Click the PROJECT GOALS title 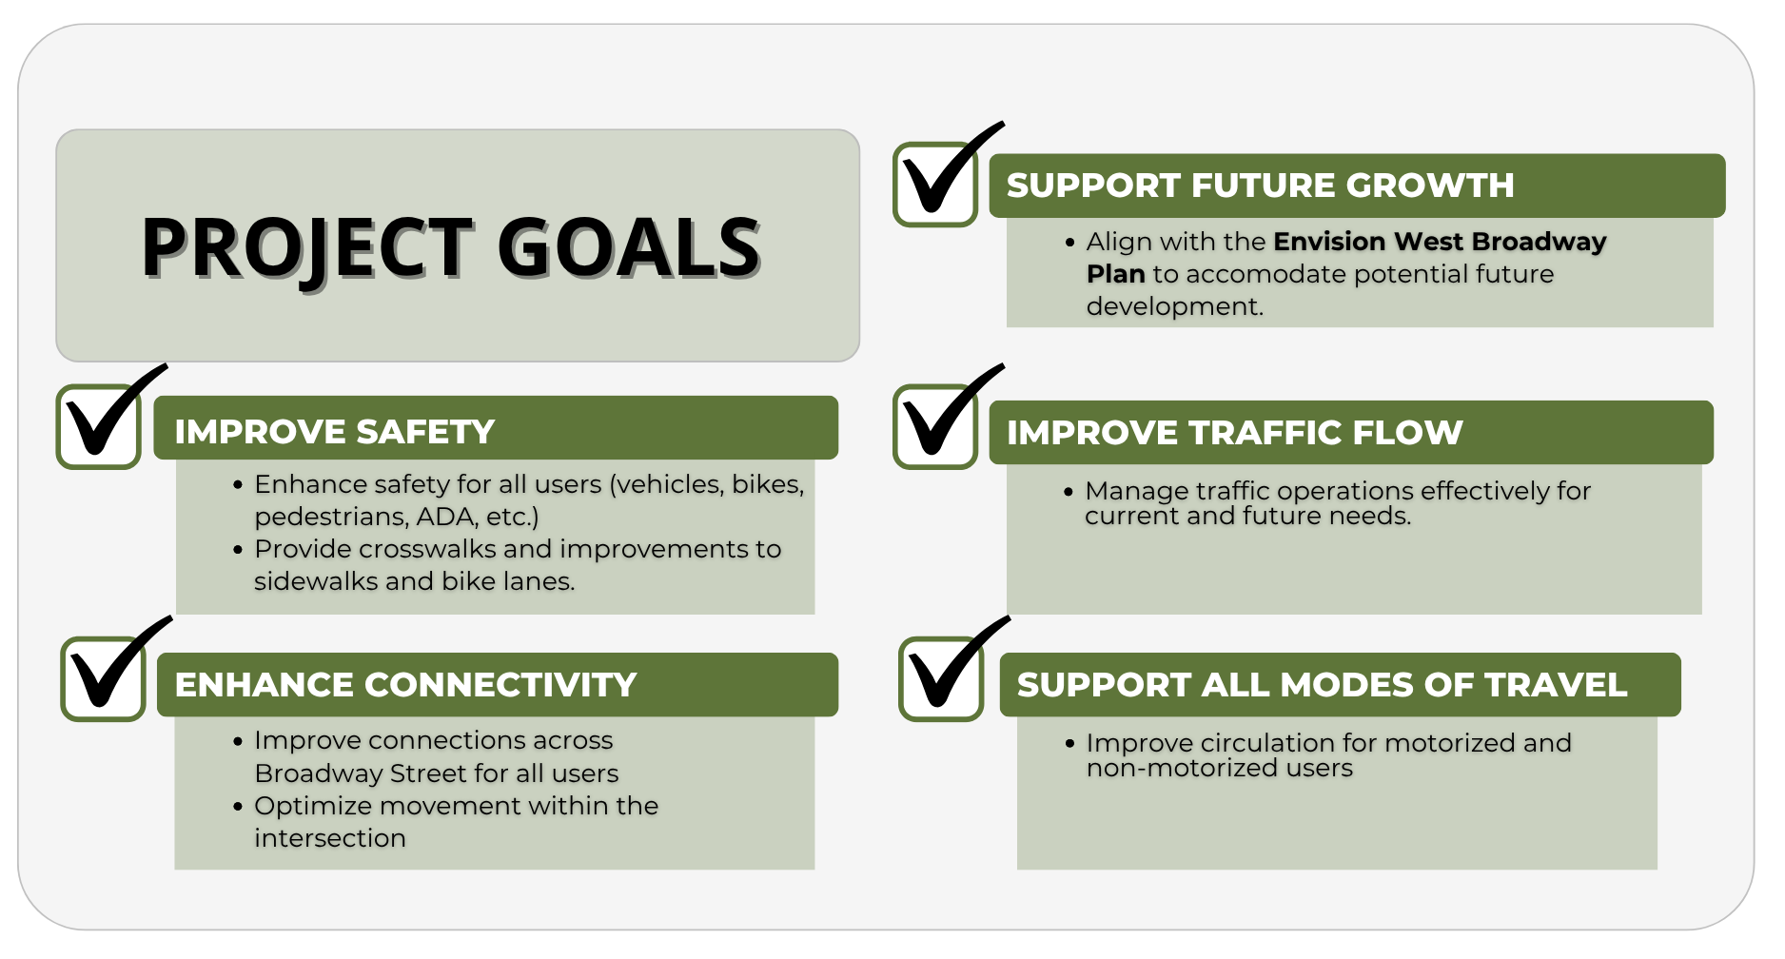(x=451, y=247)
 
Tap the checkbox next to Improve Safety (x=99, y=427)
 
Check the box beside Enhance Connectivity (x=104, y=679)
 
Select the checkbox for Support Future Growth (x=935, y=185)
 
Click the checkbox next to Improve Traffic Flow (x=935, y=427)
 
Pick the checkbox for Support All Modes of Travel (x=941, y=679)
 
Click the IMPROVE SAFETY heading (x=335, y=432)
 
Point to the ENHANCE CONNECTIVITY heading (x=405, y=685)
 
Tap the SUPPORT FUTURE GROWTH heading (x=1261, y=186)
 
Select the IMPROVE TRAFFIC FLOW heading (x=1235, y=433)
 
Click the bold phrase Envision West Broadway (x=1440, y=242)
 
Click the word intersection (x=330, y=838)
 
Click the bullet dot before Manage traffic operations (x=1069, y=492)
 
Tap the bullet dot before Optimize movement (x=238, y=807)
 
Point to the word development (x=1175, y=307)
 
